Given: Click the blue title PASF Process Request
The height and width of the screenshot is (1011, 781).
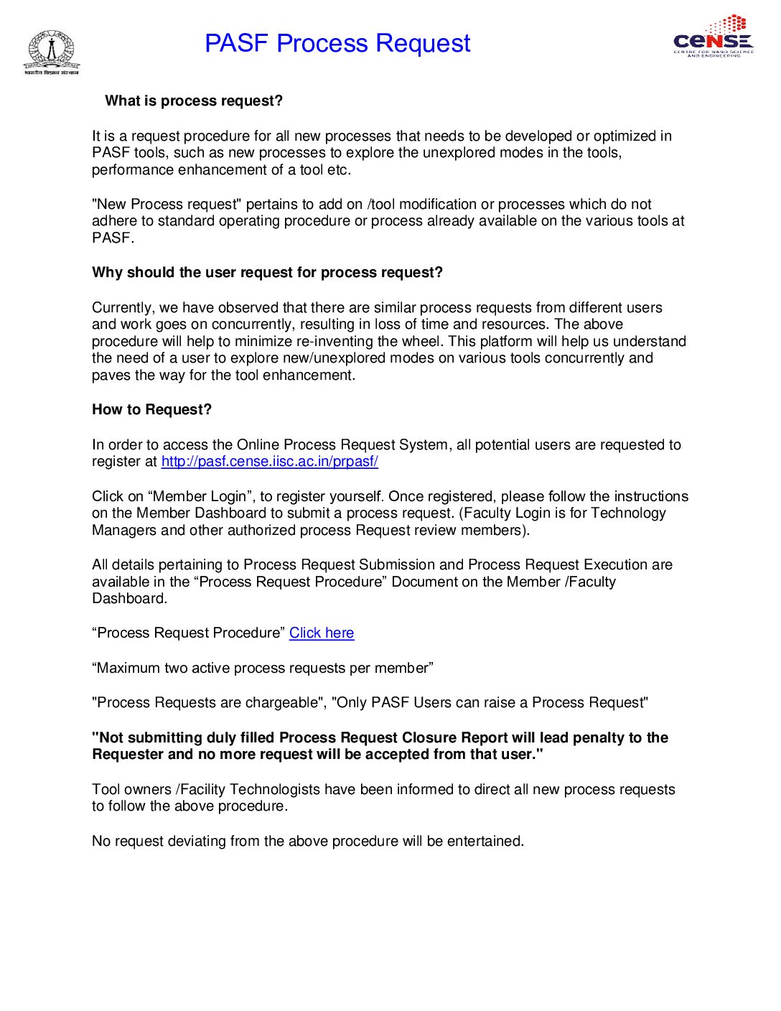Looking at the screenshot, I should [337, 43].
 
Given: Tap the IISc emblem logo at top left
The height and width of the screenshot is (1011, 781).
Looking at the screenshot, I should [51, 52].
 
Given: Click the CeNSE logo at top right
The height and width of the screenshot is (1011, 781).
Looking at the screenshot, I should [714, 37].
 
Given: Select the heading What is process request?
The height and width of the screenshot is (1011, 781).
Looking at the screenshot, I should [194, 101].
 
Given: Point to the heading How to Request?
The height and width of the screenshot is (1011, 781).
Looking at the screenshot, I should [151, 410].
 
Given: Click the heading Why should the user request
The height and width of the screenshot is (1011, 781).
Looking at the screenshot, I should [267, 273].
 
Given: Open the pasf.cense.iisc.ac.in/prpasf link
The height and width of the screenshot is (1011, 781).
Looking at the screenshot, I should [269, 462].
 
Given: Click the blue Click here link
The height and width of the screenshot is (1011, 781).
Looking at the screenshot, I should [322, 633].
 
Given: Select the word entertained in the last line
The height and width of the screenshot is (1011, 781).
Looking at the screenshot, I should [485, 842].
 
